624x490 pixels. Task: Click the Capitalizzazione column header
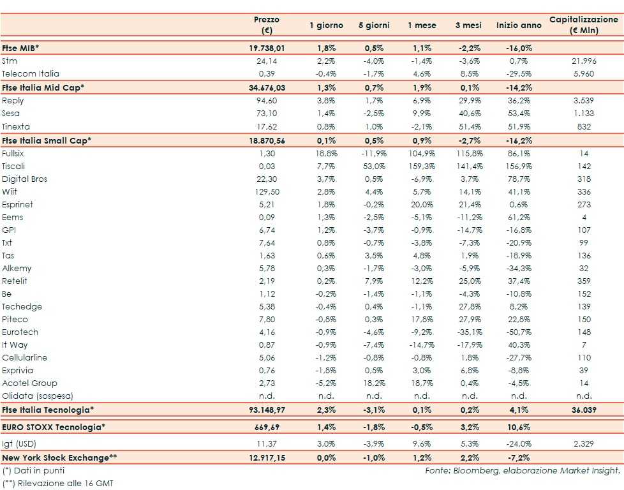tap(584, 25)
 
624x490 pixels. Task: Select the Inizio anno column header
tap(519, 26)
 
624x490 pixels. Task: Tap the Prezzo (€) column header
tap(266, 25)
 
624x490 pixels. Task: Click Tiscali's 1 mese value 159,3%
tap(422, 167)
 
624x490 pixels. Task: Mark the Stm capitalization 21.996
tap(584, 61)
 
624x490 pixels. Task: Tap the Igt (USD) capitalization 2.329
tap(584, 442)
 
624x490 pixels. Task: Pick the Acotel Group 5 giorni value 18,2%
tap(375, 383)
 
